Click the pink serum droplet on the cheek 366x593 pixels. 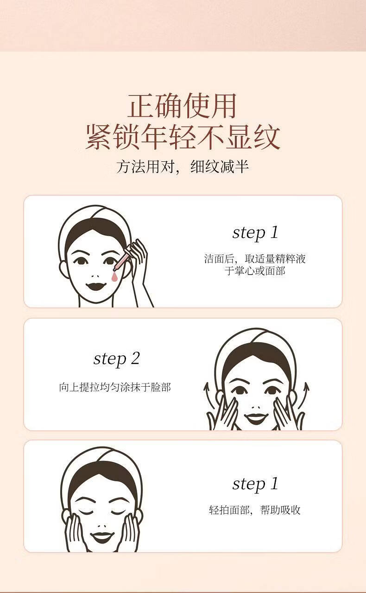114,277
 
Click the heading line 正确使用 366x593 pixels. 182,106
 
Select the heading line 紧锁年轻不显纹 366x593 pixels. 183,137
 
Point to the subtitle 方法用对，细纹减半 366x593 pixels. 183,167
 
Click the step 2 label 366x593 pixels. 117,359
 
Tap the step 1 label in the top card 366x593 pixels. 255,233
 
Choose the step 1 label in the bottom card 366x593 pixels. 255,484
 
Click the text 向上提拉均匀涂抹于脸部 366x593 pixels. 115,387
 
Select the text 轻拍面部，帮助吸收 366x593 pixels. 255,510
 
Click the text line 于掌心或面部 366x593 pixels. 255,271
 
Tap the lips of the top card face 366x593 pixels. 96,286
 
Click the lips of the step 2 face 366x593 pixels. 254,419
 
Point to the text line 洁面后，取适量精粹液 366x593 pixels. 255,259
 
